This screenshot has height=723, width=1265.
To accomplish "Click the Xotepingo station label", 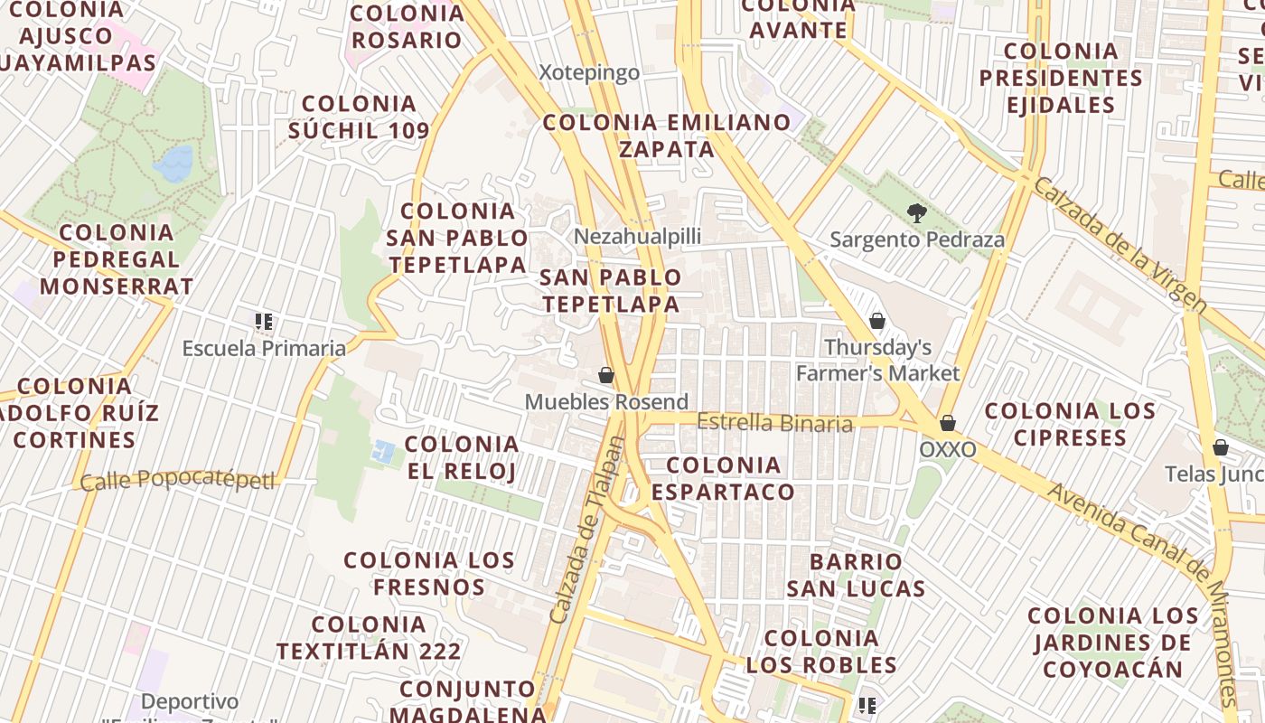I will [x=589, y=73].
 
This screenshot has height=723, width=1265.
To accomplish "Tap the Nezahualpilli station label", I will [x=638, y=237].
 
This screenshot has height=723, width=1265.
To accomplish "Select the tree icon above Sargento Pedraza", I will [x=917, y=214].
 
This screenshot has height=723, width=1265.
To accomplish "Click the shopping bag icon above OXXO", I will [x=948, y=423].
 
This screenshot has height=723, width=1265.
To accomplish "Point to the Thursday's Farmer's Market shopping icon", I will [x=876, y=321].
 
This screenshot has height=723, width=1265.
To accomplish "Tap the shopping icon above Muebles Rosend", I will [x=606, y=375].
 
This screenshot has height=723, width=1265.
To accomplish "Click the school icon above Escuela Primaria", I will [x=264, y=321].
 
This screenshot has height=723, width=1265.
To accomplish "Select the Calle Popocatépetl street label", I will [x=177, y=480].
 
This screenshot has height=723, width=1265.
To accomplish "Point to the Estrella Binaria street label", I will [x=775, y=423].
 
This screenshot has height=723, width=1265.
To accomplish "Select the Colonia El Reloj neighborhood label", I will [x=462, y=457].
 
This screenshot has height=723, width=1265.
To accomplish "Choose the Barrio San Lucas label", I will [x=856, y=576].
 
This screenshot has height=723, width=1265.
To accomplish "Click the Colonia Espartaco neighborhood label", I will [x=724, y=479].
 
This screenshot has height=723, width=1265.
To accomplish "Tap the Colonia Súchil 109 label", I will [x=359, y=117].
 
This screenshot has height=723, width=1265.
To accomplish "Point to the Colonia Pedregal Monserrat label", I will [x=117, y=259].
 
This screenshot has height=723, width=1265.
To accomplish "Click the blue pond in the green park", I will [x=174, y=164].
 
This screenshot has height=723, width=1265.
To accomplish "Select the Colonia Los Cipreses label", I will [x=1070, y=425].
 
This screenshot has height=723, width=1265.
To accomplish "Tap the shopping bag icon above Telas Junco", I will [x=1220, y=447].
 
